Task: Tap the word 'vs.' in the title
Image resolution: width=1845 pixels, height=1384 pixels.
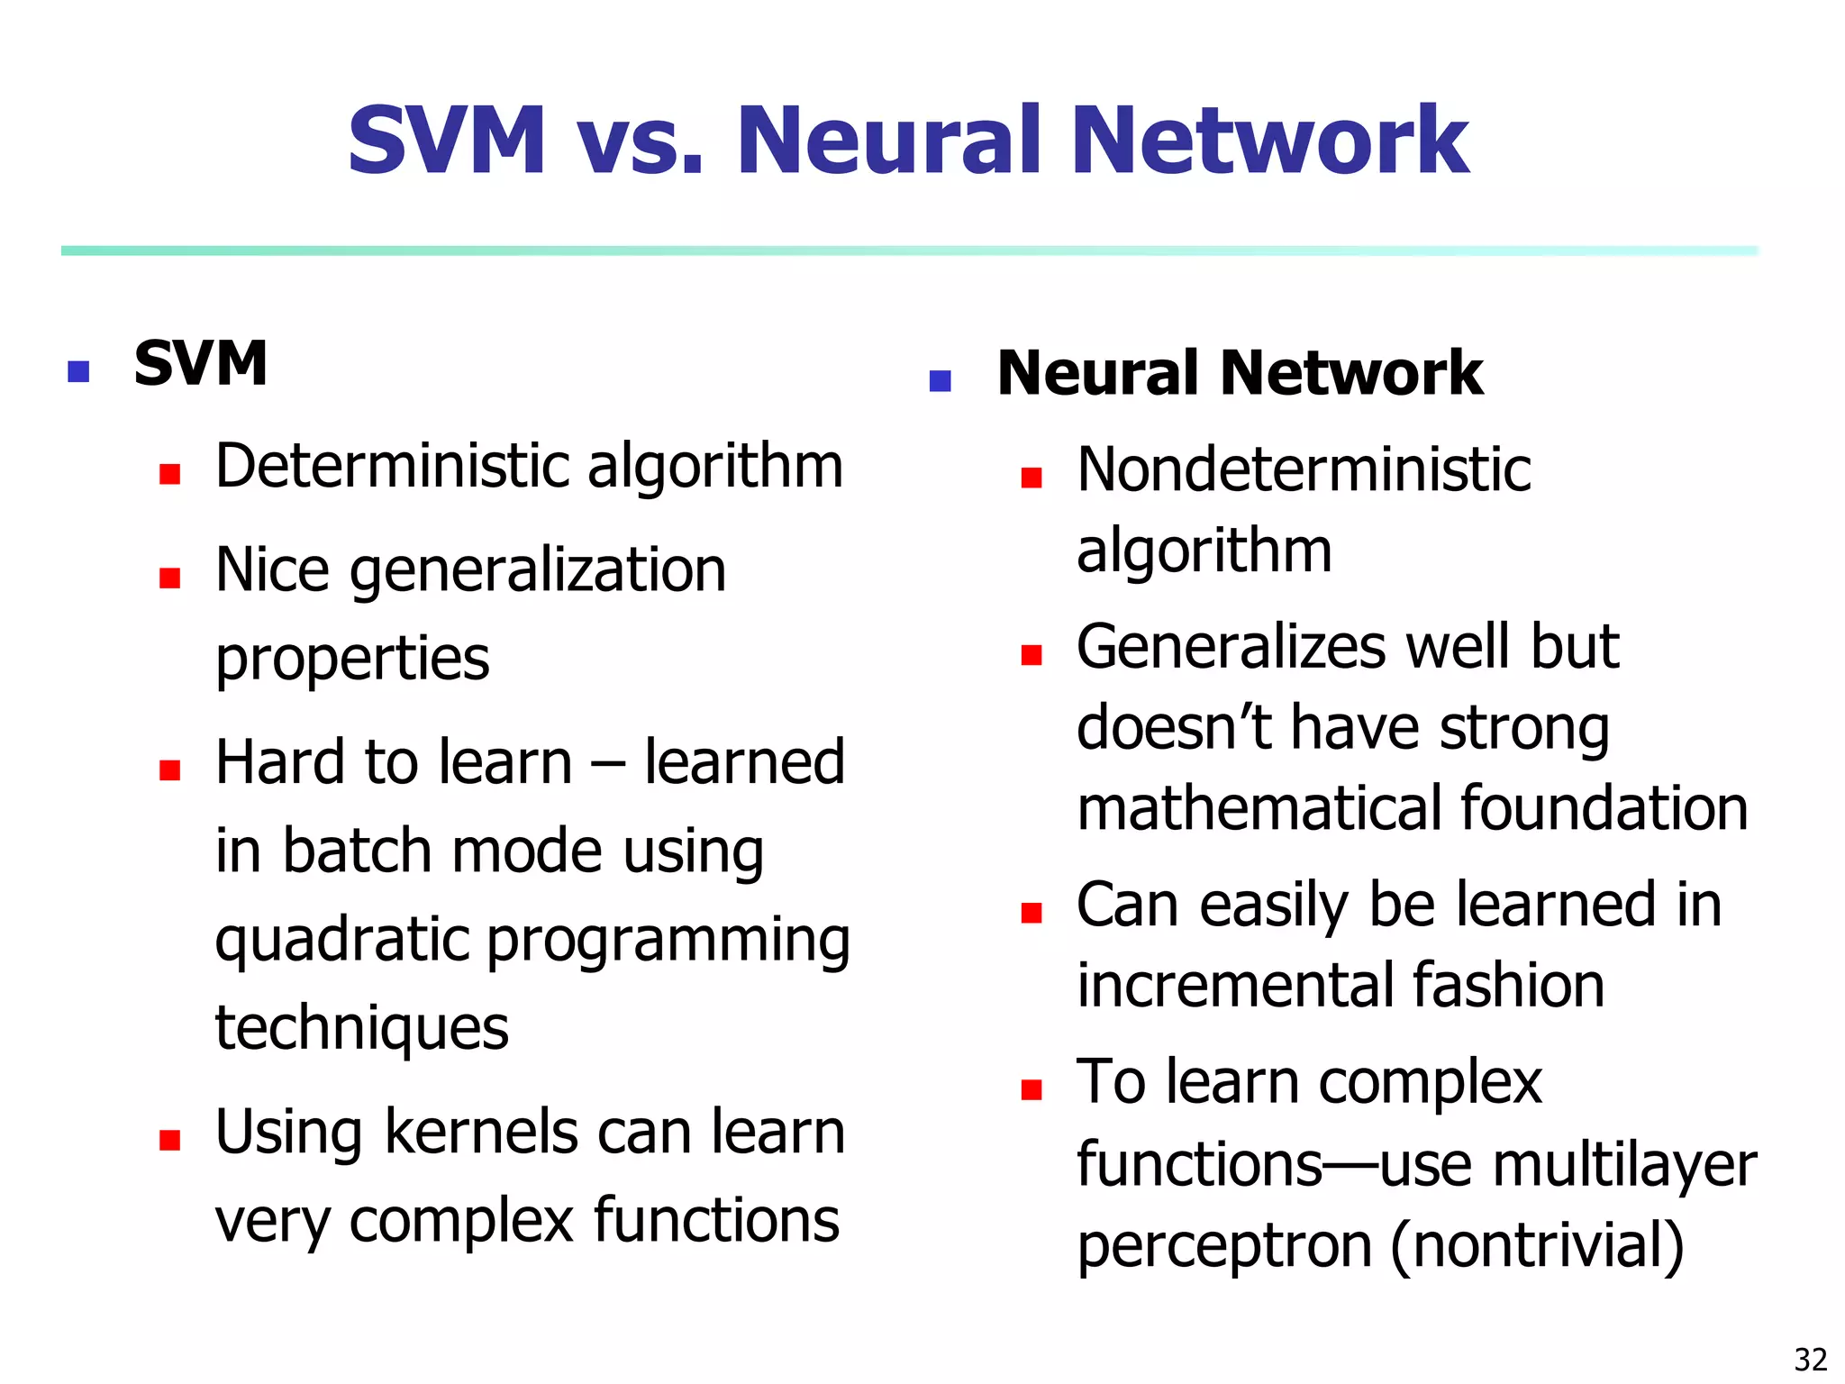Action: pos(639,142)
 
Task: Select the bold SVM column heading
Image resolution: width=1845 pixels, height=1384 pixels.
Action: pos(200,363)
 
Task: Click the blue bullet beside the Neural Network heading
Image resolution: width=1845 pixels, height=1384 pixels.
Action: pos(940,380)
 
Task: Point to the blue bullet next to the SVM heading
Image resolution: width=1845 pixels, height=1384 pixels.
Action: pos(78,370)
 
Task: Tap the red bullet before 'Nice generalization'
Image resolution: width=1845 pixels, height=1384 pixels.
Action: pos(169,577)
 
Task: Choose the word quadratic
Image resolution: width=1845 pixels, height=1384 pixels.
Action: pos(341,941)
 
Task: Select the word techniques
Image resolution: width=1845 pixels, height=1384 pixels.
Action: pos(361,1028)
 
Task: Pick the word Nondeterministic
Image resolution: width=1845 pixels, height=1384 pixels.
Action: pos(1304,470)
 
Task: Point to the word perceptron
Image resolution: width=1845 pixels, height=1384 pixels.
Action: pos(1224,1246)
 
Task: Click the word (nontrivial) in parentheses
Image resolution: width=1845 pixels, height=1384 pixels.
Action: pos(1537,1246)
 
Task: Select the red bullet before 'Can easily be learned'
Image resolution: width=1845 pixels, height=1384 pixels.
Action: pos(1031,913)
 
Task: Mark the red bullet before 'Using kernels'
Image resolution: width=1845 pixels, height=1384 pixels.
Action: pos(169,1140)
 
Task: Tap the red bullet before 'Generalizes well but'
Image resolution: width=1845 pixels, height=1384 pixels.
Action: pos(1031,655)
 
